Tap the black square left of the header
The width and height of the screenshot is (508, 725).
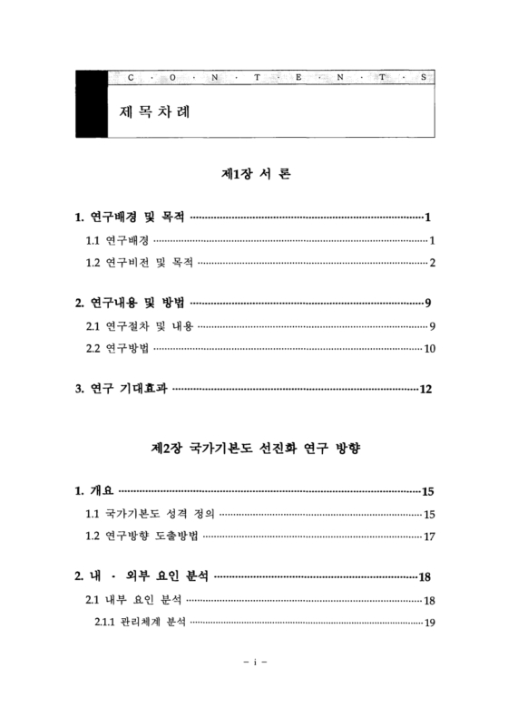pyautogui.click(x=92, y=103)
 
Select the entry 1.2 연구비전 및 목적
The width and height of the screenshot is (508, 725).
pyautogui.click(x=139, y=264)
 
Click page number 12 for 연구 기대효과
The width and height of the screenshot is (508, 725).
pyautogui.click(x=426, y=390)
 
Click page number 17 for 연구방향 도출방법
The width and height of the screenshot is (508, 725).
pyautogui.click(x=430, y=536)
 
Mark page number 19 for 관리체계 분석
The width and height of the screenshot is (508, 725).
pyautogui.click(x=430, y=623)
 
